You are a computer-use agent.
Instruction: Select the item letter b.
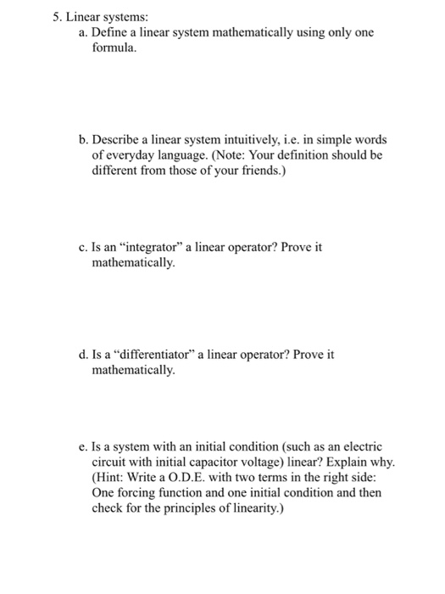[72, 139]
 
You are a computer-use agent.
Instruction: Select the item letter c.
[72, 247]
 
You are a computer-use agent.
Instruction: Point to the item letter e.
[72, 446]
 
